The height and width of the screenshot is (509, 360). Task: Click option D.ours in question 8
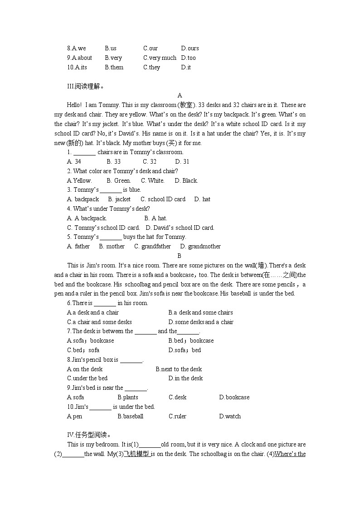click(x=190, y=48)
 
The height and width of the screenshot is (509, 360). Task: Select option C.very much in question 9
click(x=160, y=58)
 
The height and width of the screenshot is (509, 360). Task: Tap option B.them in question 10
click(x=114, y=67)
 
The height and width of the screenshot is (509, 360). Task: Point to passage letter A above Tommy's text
click(x=180, y=95)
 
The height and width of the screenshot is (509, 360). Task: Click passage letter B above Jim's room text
click(x=180, y=256)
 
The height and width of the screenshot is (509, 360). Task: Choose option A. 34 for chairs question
click(x=74, y=161)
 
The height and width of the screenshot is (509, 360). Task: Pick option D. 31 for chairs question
click(x=182, y=161)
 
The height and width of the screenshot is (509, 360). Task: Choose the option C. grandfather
click(x=152, y=246)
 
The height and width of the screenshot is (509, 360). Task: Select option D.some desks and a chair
click(x=201, y=322)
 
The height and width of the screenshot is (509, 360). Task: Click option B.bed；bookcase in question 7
click(x=191, y=340)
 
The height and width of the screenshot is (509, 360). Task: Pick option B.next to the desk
click(x=179, y=369)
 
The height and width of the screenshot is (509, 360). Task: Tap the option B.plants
click(x=128, y=397)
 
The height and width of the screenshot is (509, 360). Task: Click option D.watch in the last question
click(x=230, y=416)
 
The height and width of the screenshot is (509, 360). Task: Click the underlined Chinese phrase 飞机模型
click(x=136, y=454)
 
